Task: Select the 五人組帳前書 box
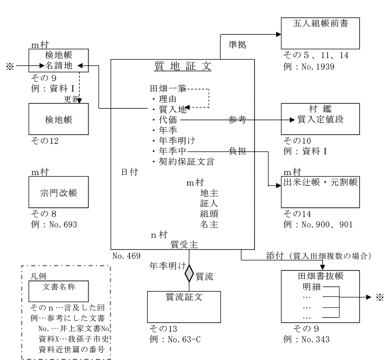(x=321, y=34)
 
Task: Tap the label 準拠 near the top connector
(x=232, y=44)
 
